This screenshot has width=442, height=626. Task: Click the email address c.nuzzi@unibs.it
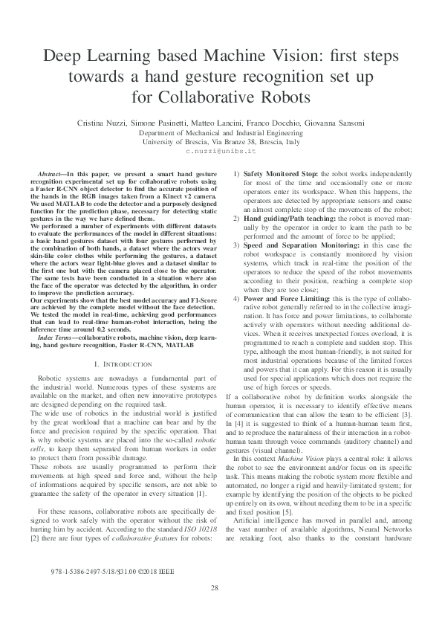[x=220, y=150]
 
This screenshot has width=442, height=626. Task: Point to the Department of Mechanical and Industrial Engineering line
[x=221, y=132]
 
